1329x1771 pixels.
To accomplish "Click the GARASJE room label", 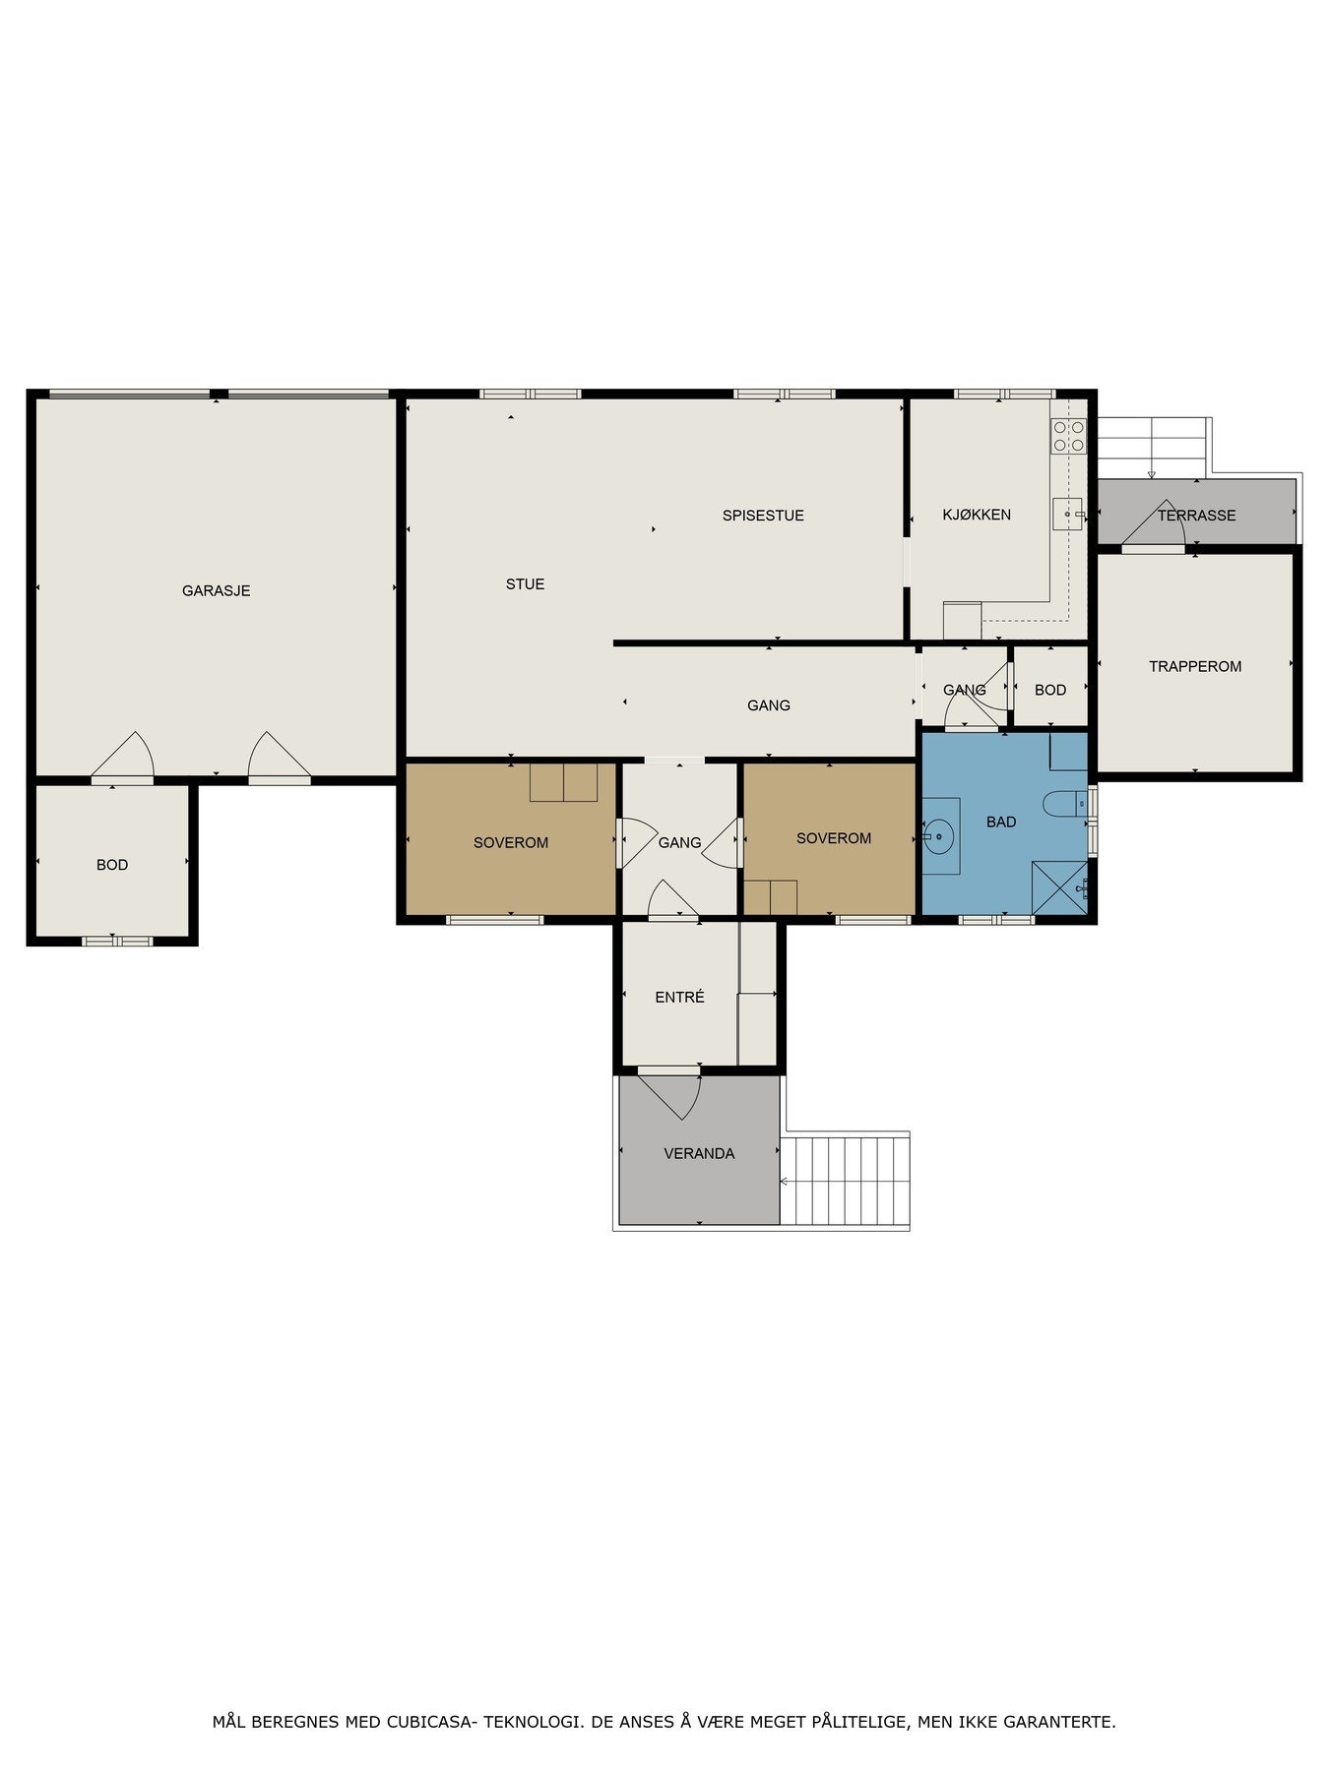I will [x=216, y=590].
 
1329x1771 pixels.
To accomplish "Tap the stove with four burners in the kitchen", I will [x=1068, y=436].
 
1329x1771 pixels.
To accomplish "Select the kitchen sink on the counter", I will [x=1068, y=514].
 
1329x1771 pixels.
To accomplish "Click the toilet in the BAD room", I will [x=1065, y=803].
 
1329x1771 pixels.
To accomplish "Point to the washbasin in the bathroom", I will [x=940, y=837].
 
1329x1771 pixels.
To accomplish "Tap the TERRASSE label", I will [x=1196, y=515].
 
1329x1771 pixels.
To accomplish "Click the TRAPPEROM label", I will [x=1194, y=666].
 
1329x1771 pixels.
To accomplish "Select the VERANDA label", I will [x=699, y=1153].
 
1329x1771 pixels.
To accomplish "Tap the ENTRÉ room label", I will [x=679, y=997].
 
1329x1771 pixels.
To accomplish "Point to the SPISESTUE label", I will [x=763, y=515].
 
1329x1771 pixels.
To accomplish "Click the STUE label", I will [x=525, y=583].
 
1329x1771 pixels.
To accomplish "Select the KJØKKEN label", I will [x=977, y=515].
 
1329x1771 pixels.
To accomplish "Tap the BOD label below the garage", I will [x=111, y=865].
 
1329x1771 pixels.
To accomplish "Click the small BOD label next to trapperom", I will [x=1049, y=690].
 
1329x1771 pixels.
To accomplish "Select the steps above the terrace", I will [x=1151, y=448].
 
